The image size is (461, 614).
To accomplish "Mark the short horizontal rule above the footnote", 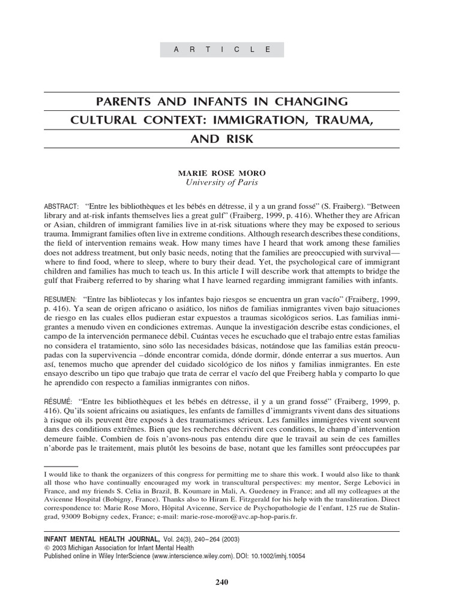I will [x=61, y=465].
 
